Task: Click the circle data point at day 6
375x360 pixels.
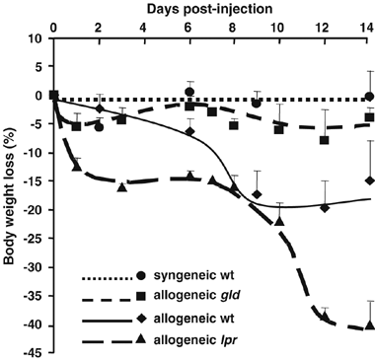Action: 188,92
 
